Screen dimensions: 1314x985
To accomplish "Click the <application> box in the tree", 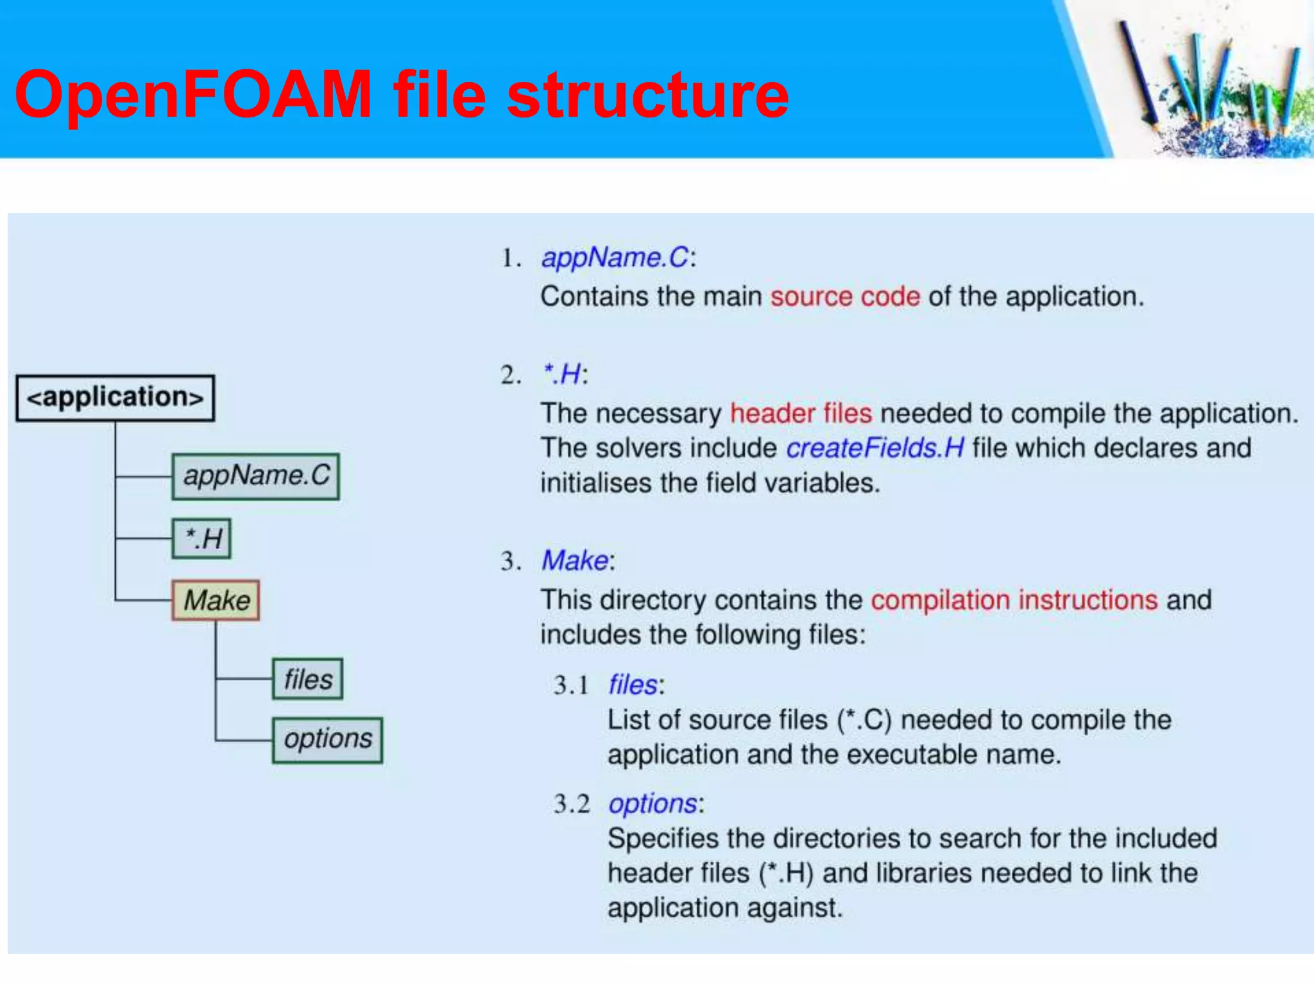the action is coord(115,398).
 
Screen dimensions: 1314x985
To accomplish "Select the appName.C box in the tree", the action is coord(255,476).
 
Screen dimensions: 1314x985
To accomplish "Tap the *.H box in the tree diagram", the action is coord(201,539).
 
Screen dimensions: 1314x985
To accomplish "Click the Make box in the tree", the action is coord(216,600).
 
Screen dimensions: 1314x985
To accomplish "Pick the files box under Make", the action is coord(307,679).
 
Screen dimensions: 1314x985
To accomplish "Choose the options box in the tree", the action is coord(327,740).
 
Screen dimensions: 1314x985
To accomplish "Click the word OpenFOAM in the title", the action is coord(192,95).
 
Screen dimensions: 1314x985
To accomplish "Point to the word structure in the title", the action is coord(648,95).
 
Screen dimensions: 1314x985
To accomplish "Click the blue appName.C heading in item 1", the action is coord(615,258).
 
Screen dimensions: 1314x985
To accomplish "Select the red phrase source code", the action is coord(845,297).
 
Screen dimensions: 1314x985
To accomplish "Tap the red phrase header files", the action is coord(801,414).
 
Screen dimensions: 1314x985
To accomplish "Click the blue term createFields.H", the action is coord(875,448).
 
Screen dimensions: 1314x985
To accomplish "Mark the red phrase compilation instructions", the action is coord(1014,600).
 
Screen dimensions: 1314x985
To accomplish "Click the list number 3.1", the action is coord(571,686).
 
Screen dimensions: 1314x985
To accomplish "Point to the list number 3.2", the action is coord(571,804).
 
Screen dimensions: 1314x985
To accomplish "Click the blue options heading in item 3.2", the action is coord(653,804).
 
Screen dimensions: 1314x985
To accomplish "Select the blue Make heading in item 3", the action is coord(575,561).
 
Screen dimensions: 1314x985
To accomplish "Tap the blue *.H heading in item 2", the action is coord(561,375).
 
